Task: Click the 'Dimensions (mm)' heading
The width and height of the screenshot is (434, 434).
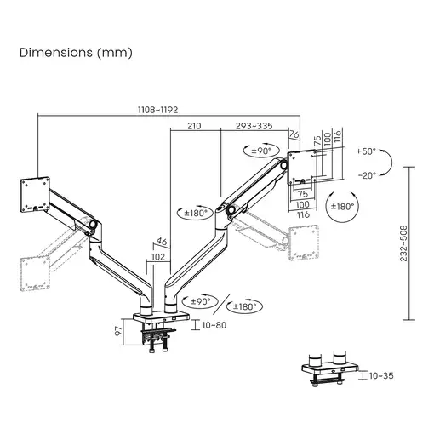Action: coord(76,53)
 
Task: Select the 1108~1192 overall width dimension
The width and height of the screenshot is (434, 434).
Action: coord(157,110)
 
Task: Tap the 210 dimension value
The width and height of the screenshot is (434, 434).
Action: coord(194,126)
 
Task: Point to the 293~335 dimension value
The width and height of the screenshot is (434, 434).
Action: coord(254,126)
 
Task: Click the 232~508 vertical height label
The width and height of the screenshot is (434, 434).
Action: coord(403,243)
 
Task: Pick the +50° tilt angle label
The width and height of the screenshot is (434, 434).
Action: coord(366,151)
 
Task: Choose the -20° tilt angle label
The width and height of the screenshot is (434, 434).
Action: coord(367,175)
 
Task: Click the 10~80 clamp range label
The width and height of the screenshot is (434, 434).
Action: coord(214,325)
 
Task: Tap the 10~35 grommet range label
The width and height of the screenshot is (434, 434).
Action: coord(381,375)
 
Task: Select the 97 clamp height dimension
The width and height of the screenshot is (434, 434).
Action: coord(118,331)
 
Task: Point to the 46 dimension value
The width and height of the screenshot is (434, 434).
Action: coord(162,242)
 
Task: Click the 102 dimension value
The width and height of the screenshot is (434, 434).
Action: coord(158,257)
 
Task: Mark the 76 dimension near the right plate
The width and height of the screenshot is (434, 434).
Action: coord(294,134)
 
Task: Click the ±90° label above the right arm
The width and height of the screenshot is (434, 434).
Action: coord(261,151)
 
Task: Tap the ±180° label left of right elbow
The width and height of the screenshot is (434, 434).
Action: coord(196,213)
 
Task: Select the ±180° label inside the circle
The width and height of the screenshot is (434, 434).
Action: coord(343,206)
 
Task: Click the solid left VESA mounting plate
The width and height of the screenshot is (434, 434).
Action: coord(35,195)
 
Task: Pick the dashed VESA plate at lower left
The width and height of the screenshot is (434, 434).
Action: coord(35,273)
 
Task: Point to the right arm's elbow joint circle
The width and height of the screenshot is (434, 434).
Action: coord(230,210)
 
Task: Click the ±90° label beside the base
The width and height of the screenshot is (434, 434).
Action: coord(201,301)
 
